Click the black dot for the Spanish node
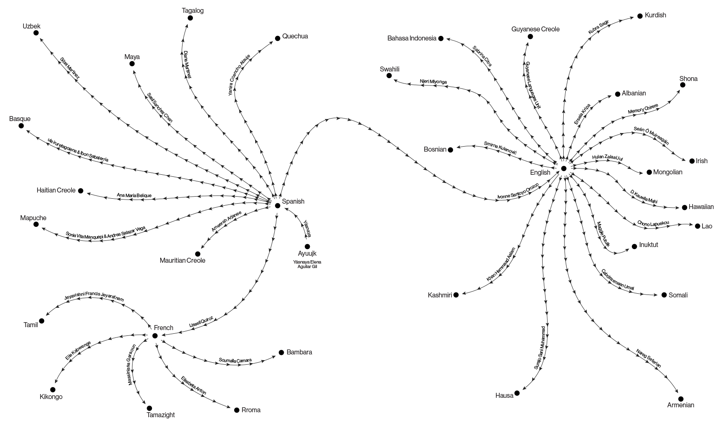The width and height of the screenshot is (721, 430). (x=277, y=205)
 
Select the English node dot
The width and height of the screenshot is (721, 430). (x=564, y=168)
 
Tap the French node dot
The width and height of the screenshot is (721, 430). (x=155, y=335)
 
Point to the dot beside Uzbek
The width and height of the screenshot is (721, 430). (x=36, y=33)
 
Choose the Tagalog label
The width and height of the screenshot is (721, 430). (x=193, y=10)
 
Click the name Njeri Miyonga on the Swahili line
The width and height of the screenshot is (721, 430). (x=433, y=82)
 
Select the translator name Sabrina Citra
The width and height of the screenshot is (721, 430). (x=482, y=56)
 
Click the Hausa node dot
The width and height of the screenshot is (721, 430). (x=517, y=393)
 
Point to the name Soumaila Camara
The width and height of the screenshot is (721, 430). (x=235, y=361)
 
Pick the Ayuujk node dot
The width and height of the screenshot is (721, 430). (x=307, y=247)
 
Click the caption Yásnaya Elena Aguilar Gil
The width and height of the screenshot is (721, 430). (x=307, y=264)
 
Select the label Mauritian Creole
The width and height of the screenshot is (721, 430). (x=183, y=261)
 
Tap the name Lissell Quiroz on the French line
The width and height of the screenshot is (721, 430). (x=201, y=321)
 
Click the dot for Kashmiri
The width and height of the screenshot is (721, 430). (x=456, y=295)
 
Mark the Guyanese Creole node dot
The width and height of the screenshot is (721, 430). (x=530, y=37)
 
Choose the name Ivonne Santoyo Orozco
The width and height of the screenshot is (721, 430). (x=518, y=191)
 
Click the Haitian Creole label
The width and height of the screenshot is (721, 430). (x=56, y=190)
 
